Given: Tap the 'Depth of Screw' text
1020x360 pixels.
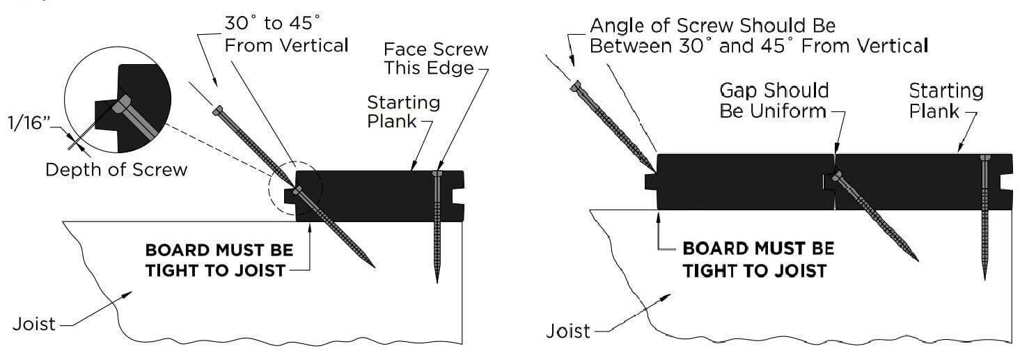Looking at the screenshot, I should click(x=116, y=169).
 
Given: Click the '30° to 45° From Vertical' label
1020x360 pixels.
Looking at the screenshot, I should click(x=285, y=35).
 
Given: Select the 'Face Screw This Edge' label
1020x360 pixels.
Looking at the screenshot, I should click(x=437, y=59).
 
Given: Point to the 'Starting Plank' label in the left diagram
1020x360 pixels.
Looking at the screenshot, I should click(x=403, y=111).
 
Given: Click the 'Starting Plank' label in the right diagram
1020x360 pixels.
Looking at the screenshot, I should click(x=946, y=100).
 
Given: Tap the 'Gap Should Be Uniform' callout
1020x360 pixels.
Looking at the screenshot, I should click(x=774, y=100).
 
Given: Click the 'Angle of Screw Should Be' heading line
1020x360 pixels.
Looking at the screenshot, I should click(x=712, y=26).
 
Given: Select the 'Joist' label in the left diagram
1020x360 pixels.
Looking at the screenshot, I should click(x=34, y=324).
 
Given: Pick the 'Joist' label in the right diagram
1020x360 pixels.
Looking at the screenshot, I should click(x=567, y=330).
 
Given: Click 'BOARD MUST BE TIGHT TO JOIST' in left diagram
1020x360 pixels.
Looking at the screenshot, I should click(x=219, y=260).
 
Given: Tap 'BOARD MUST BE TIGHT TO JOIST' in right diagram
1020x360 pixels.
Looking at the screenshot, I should click(x=758, y=259).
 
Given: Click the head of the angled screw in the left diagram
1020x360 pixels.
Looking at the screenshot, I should click(x=218, y=109).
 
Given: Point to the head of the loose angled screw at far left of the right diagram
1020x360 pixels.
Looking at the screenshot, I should click(x=575, y=86).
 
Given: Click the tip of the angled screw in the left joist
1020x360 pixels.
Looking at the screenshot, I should click(x=373, y=266).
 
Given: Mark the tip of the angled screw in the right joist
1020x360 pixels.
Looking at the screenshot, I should click(x=916, y=260).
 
